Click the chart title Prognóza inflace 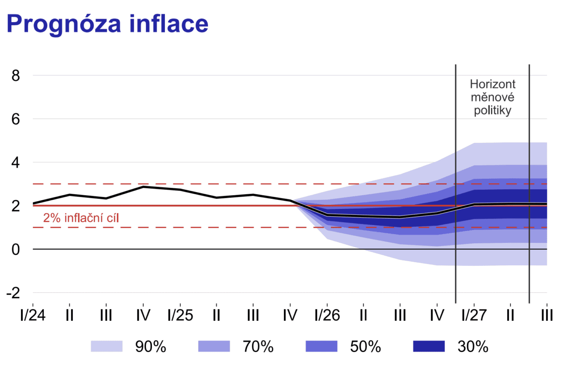pos(107,24)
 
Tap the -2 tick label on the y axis pos(12,293)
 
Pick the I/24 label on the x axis pos(33,316)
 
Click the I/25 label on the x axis pos(179,316)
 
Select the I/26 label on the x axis pos(327,316)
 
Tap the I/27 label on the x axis pos(474,316)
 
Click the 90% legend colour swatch pos(107,346)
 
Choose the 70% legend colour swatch pos(214,346)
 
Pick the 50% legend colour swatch pos(321,346)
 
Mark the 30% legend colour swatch pos(429,346)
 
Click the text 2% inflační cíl pos(81,218)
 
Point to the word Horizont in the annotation pos(493,84)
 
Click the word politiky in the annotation pos(493,111)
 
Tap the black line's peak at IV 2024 pos(144,187)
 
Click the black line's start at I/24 pos(33,203)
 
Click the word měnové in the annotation pos(493,98)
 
